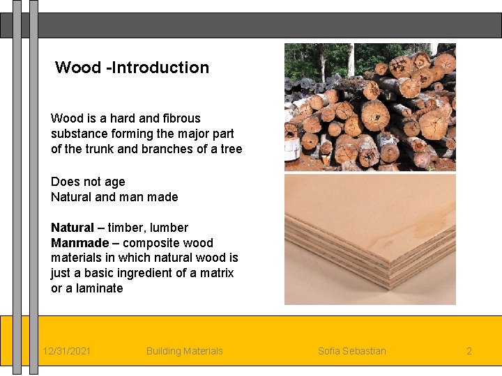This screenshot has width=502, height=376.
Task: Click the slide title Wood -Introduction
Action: (x=132, y=68)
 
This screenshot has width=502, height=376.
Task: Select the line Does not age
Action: (x=88, y=182)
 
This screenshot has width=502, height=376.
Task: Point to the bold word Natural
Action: (x=72, y=228)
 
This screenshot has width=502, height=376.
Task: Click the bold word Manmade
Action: (x=79, y=243)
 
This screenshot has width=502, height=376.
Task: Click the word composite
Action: (x=151, y=243)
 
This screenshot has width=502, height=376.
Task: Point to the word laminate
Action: (x=99, y=288)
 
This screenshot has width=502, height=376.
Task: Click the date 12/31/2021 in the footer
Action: (x=66, y=351)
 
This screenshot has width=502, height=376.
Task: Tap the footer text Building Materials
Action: (x=184, y=351)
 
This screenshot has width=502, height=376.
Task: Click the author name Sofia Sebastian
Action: (x=351, y=351)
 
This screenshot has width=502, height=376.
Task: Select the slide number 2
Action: (x=469, y=351)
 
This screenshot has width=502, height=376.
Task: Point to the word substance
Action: (x=78, y=134)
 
